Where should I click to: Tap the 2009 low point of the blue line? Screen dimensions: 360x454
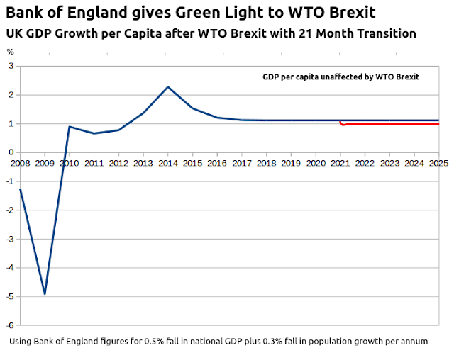click(45, 293)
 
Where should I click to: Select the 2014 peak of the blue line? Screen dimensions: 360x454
click(167, 86)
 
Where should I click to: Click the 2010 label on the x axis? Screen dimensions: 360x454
click(69, 163)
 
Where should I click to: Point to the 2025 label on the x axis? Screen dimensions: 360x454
click(438, 163)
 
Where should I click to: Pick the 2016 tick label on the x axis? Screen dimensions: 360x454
click(217, 163)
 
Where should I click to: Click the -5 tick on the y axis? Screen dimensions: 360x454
click(11, 296)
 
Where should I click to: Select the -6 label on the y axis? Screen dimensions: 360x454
click(11, 325)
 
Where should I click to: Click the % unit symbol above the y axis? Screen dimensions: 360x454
click(10, 52)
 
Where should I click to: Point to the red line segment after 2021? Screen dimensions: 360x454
click(390, 124)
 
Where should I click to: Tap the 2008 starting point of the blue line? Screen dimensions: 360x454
click(20, 189)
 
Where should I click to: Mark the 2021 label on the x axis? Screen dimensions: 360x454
click(340, 163)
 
